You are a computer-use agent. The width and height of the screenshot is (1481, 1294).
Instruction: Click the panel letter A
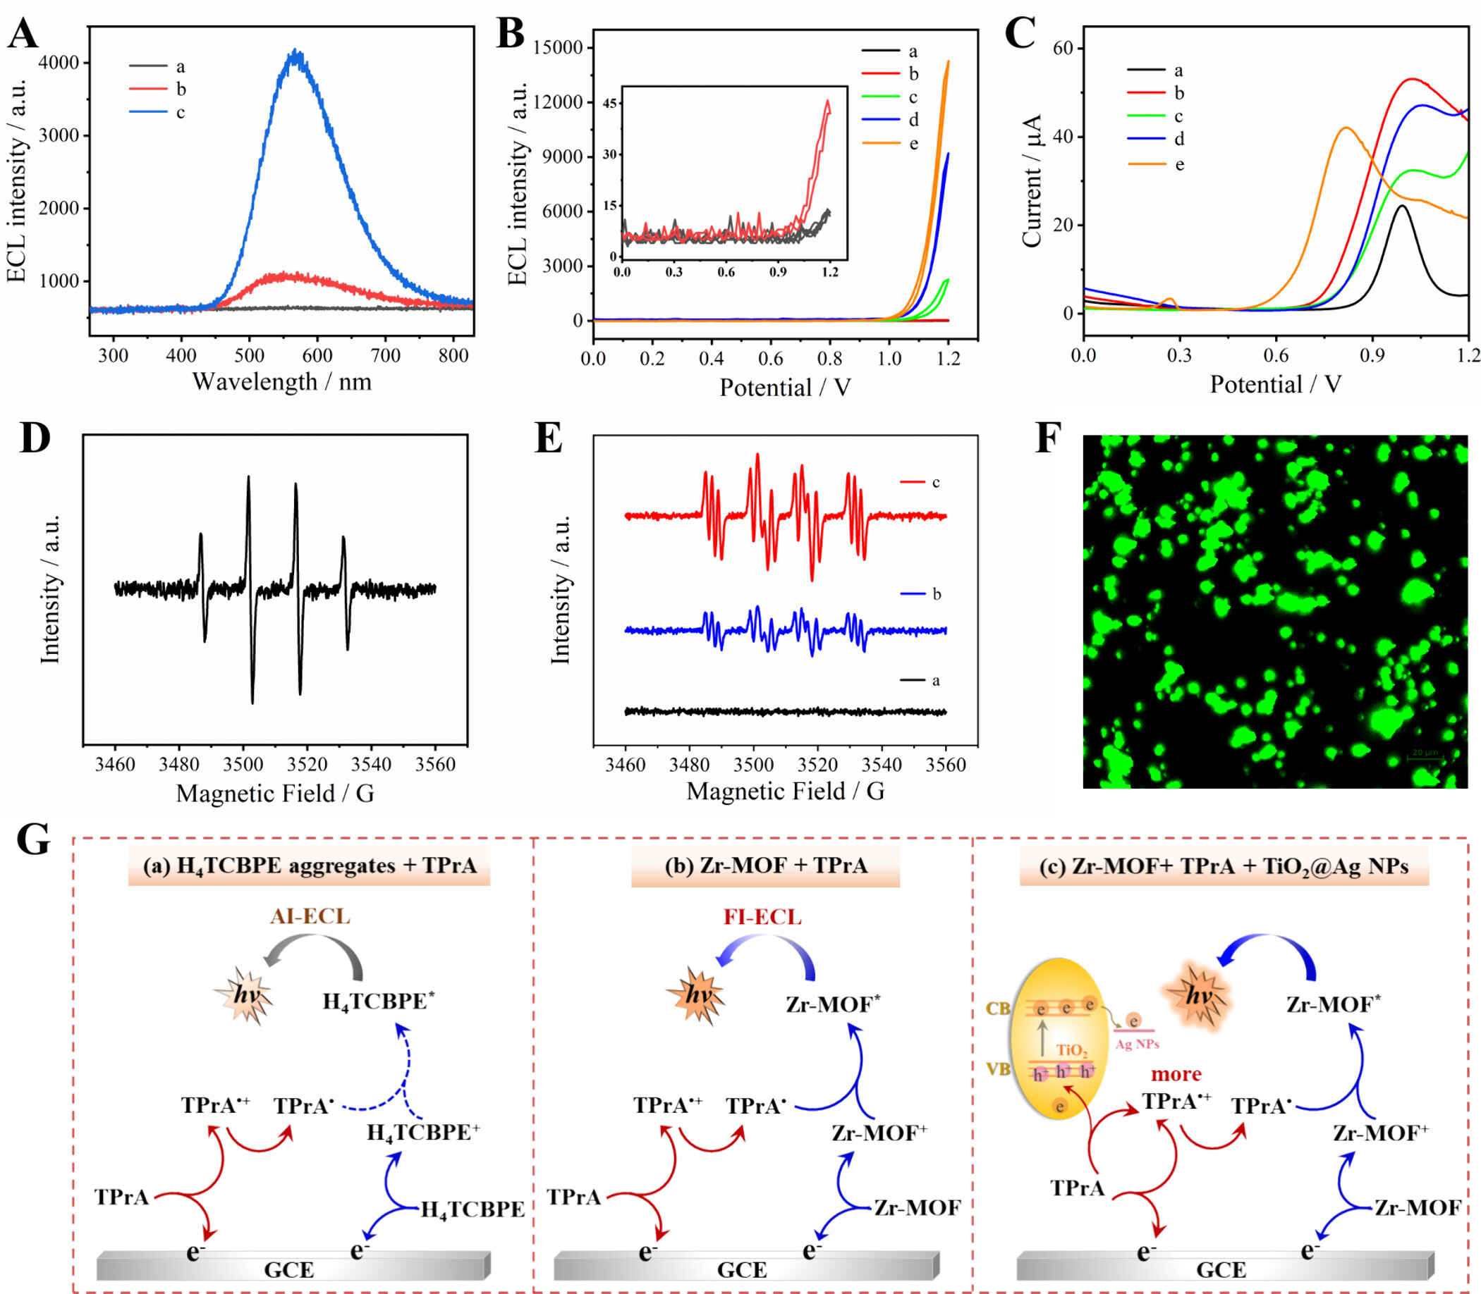pos(23,34)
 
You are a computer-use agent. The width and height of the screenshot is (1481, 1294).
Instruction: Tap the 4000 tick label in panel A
pos(59,63)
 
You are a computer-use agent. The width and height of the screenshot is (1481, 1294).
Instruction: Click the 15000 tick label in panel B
pos(557,48)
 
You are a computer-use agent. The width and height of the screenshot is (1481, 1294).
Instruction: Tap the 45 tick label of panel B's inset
pos(611,104)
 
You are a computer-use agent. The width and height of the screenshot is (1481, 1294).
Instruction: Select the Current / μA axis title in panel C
pos(1032,180)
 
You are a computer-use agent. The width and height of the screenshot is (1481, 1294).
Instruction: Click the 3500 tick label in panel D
pos(243,764)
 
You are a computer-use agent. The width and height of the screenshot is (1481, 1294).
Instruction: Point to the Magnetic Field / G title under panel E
pos(786,791)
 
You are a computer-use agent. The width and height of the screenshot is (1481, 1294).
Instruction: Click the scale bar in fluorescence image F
pos(1425,758)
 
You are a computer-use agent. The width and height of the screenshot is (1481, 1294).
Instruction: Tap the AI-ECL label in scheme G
pos(310,916)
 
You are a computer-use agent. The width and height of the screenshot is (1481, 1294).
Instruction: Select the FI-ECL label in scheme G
pos(762,917)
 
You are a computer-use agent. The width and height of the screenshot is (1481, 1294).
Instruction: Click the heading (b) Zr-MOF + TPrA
pos(765,865)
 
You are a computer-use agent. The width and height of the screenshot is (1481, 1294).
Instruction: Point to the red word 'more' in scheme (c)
pos(1176,1074)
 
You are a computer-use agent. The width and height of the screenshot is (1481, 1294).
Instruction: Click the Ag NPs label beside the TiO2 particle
pos(1137,1045)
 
